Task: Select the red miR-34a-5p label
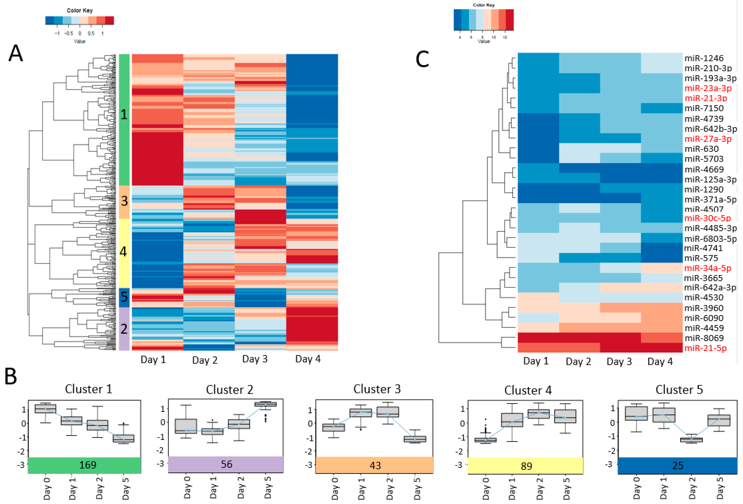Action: pos(707,268)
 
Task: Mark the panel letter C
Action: pos(422,59)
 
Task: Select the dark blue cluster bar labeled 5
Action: pos(124,297)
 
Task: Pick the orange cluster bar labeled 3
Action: pos(124,202)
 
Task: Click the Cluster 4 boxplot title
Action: pos(528,390)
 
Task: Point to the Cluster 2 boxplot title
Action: pos(229,390)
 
